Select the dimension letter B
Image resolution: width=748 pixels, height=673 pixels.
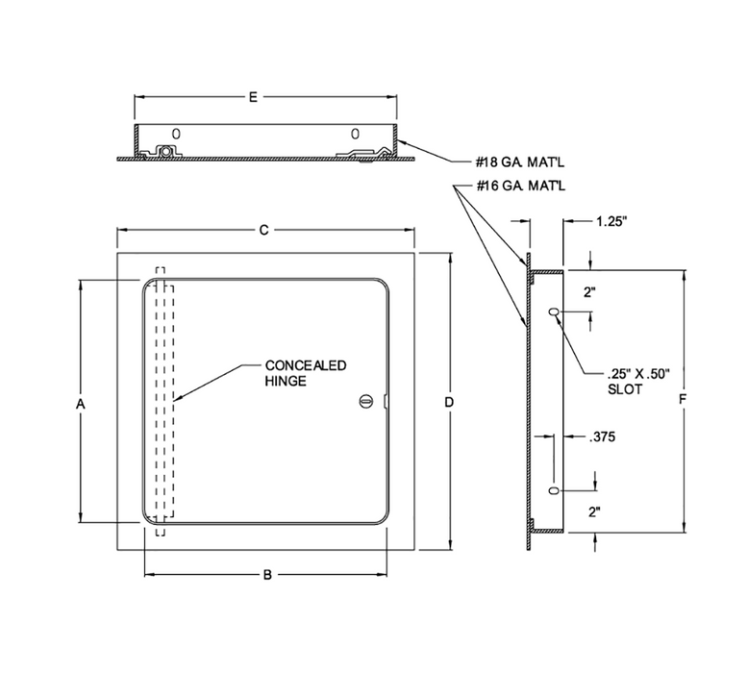tap(267, 575)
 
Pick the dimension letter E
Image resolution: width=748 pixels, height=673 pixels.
tap(253, 97)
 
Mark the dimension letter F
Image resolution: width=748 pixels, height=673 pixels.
tap(682, 398)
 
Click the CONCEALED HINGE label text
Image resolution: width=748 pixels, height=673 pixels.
tap(305, 373)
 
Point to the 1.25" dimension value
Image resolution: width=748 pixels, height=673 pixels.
tap(611, 221)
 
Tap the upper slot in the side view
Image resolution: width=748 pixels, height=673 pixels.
tap(553, 313)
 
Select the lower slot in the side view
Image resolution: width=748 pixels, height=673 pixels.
tap(553, 491)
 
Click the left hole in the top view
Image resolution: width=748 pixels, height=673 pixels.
tap(175, 133)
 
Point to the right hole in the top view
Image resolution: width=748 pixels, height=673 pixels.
tap(354, 133)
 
